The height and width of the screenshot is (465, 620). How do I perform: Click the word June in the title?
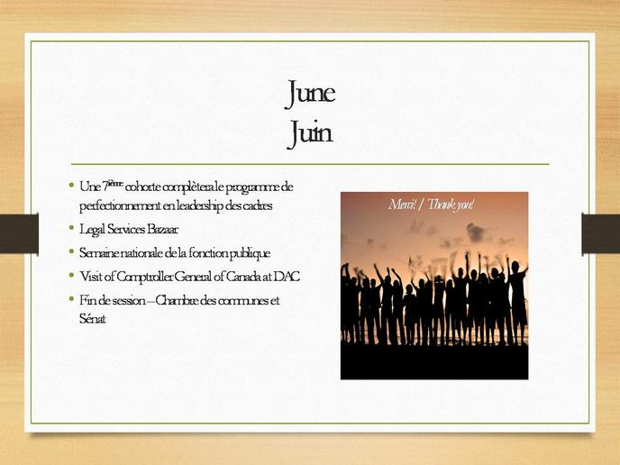point(310,94)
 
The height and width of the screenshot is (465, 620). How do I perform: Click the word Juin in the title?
point(310,133)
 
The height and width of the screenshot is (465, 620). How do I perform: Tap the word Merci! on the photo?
point(402,205)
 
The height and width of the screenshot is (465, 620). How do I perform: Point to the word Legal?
point(92,230)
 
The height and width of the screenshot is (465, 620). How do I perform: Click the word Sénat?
point(93,318)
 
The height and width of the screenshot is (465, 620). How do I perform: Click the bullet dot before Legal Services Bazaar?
point(71,227)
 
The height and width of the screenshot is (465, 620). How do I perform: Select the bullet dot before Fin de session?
point(71,298)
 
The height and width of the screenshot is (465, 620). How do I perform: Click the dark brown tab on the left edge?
point(20,233)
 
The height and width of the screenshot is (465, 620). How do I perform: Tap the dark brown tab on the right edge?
point(600,233)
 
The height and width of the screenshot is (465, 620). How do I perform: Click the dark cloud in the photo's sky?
point(476,232)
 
